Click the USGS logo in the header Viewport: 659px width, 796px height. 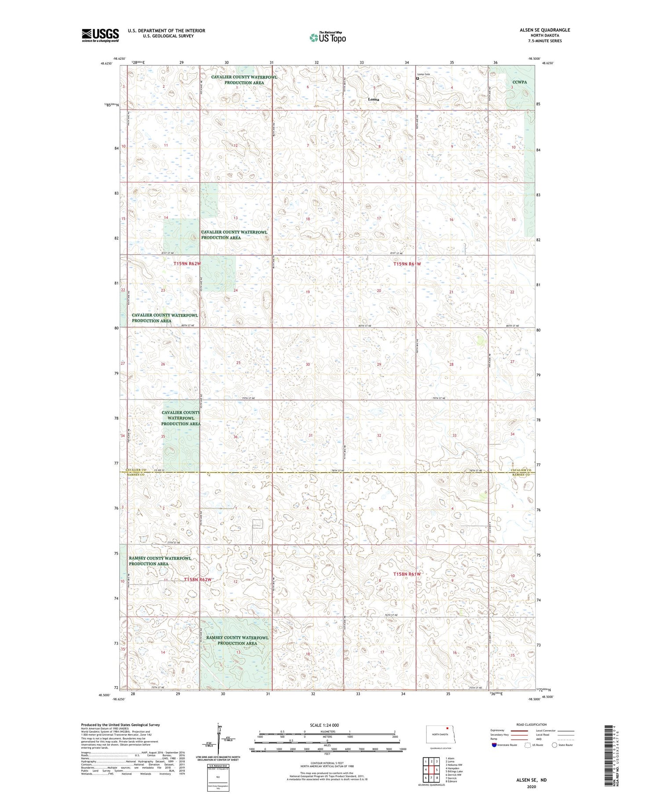pos(100,35)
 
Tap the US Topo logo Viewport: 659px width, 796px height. pos(328,37)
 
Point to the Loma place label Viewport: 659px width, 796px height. pos(373,100)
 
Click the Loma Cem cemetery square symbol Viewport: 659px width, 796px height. pos(417,79)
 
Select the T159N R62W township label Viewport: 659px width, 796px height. pos(187,264)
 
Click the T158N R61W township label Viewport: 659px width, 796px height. pos(407,574)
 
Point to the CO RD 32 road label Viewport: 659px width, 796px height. pos(159,471)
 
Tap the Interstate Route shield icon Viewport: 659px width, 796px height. pos(494,745)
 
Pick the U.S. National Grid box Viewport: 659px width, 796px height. pos(218,777)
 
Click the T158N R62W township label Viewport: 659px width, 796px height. pos(198,580)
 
